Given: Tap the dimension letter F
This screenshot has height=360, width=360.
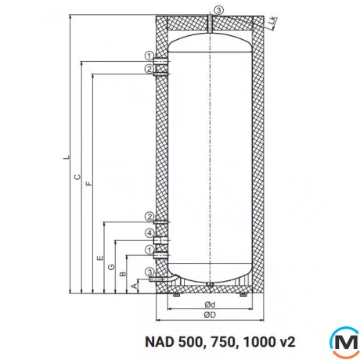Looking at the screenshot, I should click(88, 184).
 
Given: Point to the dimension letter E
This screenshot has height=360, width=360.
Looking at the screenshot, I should click(100, 258).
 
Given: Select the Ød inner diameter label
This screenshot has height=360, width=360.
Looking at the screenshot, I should click(209, 304).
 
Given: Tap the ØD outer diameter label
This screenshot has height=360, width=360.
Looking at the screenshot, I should click(209, 315).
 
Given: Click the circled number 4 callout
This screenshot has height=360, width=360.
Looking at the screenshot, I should click(149, 233).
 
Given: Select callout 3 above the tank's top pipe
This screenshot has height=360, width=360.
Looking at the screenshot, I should click(218, 9).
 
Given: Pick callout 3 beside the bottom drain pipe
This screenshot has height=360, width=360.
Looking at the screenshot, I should click(149, 272).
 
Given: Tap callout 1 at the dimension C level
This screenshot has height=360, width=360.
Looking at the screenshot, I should click(149, 55).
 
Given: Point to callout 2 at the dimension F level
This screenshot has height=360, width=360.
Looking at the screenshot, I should click(149, 70).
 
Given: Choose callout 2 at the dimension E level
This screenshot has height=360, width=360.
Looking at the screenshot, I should click(149, 217).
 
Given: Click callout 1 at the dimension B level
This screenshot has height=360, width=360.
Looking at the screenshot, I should click(149, 250).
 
